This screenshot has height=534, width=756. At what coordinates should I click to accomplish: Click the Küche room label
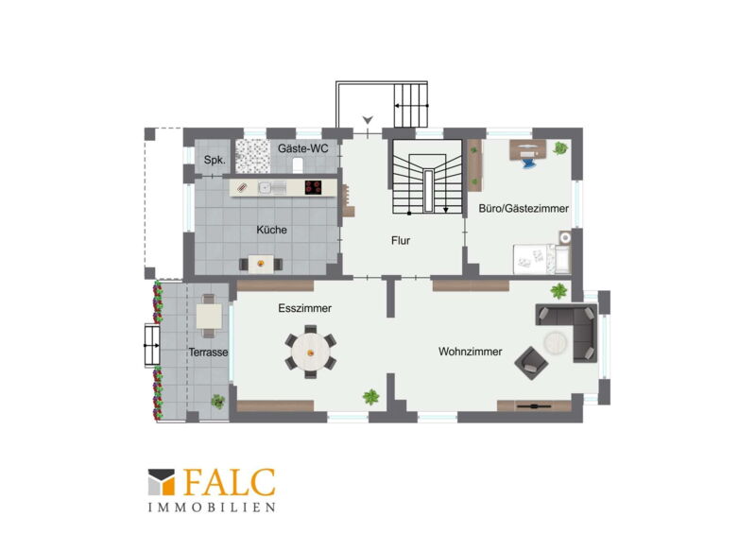pos(271,230)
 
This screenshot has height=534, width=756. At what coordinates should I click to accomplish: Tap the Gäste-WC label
pos(302,148)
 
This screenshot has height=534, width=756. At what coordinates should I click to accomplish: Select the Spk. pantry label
pos(215,160)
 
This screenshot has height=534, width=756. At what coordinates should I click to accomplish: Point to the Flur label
pos(401,241)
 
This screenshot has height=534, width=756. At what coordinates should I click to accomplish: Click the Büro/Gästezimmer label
pos(524,208)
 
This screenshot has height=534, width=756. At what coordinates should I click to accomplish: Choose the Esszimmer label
pos(304,308)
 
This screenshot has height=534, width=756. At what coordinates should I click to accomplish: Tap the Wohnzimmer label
pos(470,352)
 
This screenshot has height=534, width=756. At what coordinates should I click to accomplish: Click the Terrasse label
pos(208,353)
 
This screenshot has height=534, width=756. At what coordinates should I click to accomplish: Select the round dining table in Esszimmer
pos(311,353)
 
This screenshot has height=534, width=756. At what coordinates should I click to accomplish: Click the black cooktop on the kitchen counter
pos(314,187)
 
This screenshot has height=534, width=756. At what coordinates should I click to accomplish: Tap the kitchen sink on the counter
pos(266,187)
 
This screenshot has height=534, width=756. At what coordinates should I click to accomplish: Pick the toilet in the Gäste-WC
pos(298,165)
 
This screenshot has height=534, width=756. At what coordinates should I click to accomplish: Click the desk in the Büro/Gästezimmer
pos(528,149)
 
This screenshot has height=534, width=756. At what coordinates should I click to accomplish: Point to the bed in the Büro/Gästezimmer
pos(541,259)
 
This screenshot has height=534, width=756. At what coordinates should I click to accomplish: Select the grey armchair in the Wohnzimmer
pos(531,363)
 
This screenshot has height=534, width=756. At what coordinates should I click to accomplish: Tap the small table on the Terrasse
pos(209,316)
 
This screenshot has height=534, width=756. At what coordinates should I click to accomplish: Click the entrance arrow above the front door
pos(369,120)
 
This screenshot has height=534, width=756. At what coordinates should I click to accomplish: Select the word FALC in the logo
pos(230,482)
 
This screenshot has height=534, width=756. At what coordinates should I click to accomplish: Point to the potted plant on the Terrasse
pos(218,401)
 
